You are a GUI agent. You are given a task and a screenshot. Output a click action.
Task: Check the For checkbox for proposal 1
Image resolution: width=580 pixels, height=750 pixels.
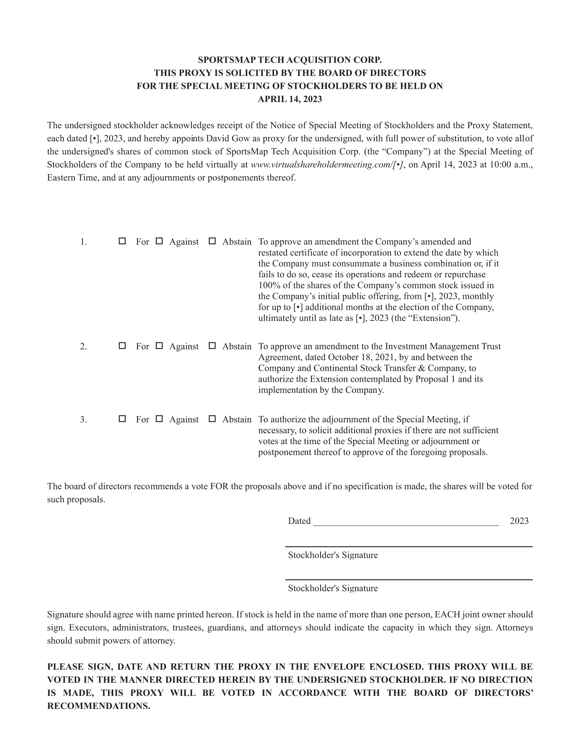pyautogui.click(x=122, y=241)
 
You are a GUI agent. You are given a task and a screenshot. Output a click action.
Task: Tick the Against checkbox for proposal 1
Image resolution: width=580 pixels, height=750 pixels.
pyautogui.click(x=159, y=241)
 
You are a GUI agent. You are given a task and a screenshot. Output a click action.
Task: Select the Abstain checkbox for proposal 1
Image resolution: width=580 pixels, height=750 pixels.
pyautogui.click(x=212, y=241)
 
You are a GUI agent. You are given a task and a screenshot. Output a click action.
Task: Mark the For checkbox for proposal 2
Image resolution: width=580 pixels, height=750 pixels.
pyautogui.click(x=122, y=346)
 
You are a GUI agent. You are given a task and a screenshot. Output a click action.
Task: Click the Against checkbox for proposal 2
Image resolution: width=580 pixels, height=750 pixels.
pyautogui.click(x=159, y=346)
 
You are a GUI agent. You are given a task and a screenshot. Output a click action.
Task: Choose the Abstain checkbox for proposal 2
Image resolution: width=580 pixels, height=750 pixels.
pyautogui.click(x=212, y=346)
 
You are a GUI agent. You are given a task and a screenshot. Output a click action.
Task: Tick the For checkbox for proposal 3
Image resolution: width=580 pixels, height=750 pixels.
pyautogui.click(x=122, y=419)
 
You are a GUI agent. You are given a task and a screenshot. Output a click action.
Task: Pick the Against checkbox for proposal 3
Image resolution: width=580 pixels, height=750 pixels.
pyautogui.click(x=159, y=419)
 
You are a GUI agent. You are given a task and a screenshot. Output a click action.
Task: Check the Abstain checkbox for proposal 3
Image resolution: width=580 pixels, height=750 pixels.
pyautogui.click(x=212, y=419)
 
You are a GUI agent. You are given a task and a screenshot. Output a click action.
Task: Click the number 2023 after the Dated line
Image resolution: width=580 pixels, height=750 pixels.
pyautogui.click(x=519, y=521)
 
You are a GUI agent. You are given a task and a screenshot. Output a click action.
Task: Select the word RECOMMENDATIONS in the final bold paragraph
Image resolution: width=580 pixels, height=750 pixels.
pyautogui.click(x=99, y=706)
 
